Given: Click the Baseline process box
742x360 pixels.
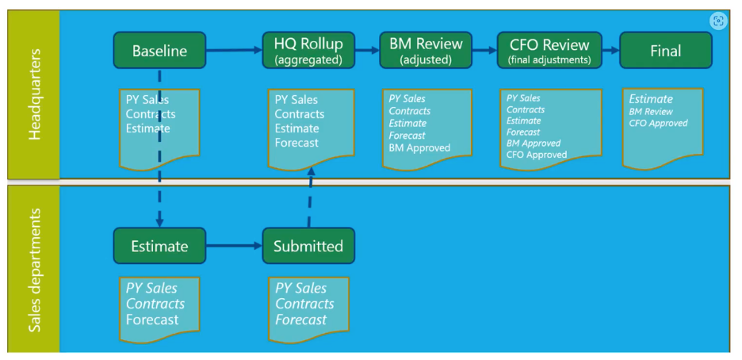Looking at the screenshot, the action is (159, 50).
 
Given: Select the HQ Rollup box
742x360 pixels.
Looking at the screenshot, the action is (308, 50).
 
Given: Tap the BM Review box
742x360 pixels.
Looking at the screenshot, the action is (426, 50).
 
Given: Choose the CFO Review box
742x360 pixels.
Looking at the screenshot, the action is (549, 50).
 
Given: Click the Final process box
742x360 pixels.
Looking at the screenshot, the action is (666, 50).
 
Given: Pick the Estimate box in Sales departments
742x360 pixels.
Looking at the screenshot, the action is (159, 246).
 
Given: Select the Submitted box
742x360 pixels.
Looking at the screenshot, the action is (308, 246).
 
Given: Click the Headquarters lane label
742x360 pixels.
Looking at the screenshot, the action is (35, 94).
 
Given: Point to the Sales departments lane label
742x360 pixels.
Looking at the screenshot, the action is (35, 270).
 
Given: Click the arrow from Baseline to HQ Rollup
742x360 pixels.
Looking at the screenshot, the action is (234, 50).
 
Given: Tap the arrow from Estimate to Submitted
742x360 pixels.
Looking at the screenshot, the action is (234, 246).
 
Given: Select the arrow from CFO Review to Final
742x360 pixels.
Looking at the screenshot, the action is (611, 50).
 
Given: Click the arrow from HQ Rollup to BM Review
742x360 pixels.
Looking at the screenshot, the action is (367, 50).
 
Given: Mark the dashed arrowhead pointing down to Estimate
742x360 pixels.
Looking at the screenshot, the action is (159, 222).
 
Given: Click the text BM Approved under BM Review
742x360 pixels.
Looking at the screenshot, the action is (419, 147).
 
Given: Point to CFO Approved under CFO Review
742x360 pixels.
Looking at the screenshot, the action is (537, 155).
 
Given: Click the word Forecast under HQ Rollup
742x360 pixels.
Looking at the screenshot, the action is (296, 143).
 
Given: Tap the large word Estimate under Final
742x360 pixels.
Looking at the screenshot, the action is (651, 99).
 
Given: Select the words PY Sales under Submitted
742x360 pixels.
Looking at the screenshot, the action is (301, 288).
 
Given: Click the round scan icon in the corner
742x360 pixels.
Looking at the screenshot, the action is (718, 21).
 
